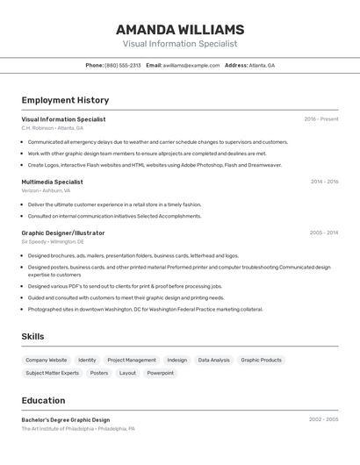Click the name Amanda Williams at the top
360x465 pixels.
179,28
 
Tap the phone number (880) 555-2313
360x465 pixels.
123,66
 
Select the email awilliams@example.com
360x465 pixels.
191,66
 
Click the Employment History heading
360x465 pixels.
65,101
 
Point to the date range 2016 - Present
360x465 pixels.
320,119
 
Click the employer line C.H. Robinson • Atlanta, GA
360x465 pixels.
54,128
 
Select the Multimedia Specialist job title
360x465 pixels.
52,182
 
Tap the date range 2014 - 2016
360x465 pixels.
324,182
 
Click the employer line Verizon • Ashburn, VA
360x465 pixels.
46,190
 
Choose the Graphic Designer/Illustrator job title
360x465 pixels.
63,233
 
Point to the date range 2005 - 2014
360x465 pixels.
324,233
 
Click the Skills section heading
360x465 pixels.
32,337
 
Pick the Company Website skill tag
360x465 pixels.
46,360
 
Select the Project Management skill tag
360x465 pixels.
132,360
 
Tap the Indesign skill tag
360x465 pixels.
176,360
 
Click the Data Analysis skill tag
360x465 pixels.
213,360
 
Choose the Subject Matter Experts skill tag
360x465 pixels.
52,373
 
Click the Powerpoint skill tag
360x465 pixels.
160,373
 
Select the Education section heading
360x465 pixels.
43,400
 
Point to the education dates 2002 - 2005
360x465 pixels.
323,419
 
